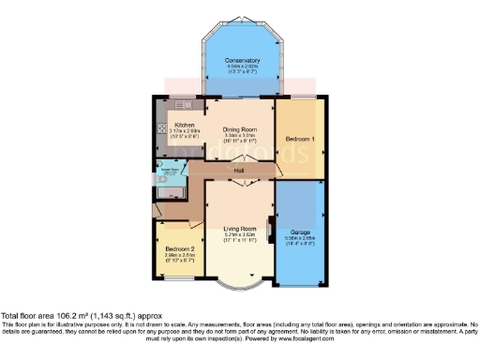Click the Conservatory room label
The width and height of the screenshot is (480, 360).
[242, 61]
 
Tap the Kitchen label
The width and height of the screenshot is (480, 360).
[184, 126]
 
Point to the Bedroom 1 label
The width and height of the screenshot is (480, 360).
[300, 139]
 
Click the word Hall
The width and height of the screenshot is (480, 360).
[239, 171]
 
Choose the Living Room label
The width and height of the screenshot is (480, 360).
[240, 229]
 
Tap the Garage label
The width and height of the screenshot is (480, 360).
[301, 231]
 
